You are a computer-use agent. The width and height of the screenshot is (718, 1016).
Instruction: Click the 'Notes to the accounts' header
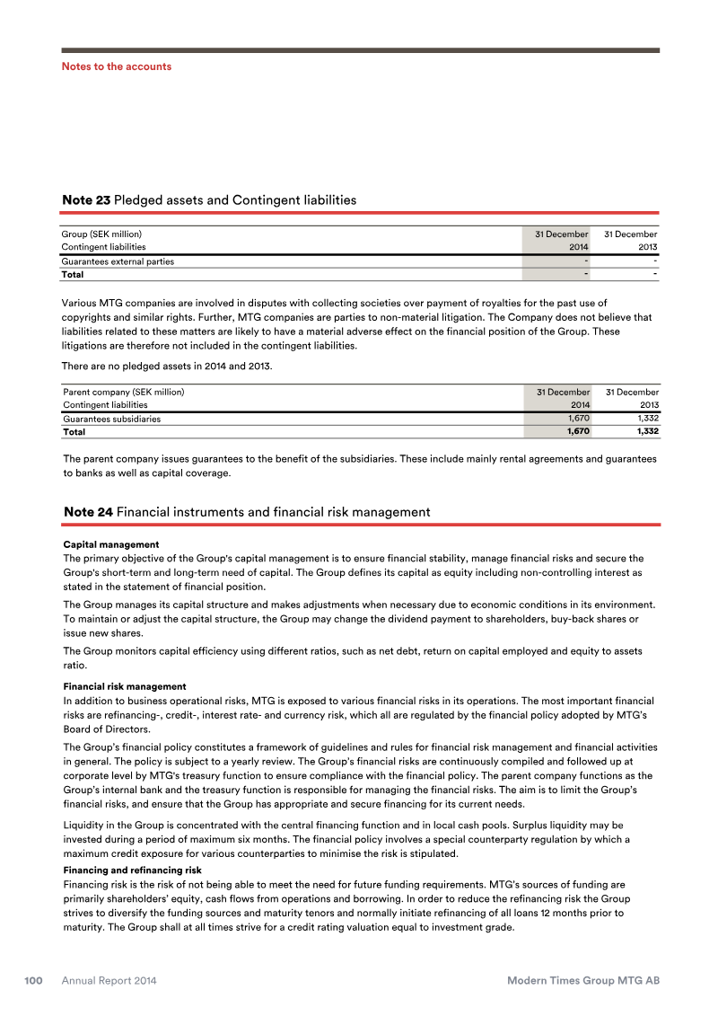(x=116, y=66)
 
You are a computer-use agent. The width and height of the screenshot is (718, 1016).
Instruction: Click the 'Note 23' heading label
(x=87, y=200)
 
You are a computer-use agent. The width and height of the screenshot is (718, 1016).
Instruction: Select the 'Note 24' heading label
(x=88, y=512)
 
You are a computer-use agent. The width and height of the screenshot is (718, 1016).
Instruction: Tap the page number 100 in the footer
(x=34, y=981)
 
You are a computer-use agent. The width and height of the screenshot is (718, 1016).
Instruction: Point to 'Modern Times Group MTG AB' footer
(x=583, y=981)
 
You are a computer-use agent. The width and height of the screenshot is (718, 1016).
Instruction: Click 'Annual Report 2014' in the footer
(x=109, y=981)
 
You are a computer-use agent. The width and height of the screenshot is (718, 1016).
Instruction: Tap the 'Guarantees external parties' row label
(x=118, y=261)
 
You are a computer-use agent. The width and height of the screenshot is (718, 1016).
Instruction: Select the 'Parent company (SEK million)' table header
(x=123, y=393)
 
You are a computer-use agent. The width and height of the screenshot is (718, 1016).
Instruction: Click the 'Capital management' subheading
(x=110, y=544)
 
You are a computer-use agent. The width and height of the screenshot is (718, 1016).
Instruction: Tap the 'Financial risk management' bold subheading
(x=124, y=686)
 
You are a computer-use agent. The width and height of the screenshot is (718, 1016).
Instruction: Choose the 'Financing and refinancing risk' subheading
(x=132, y=870)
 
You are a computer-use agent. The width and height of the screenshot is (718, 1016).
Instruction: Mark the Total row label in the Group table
(x=73, y=274)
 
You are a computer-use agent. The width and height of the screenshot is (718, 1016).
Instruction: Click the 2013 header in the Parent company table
(x=647, y=405)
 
